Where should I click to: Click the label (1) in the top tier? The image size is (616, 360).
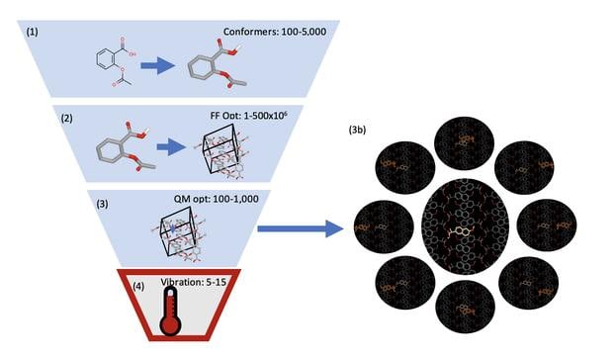(34, 31)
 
